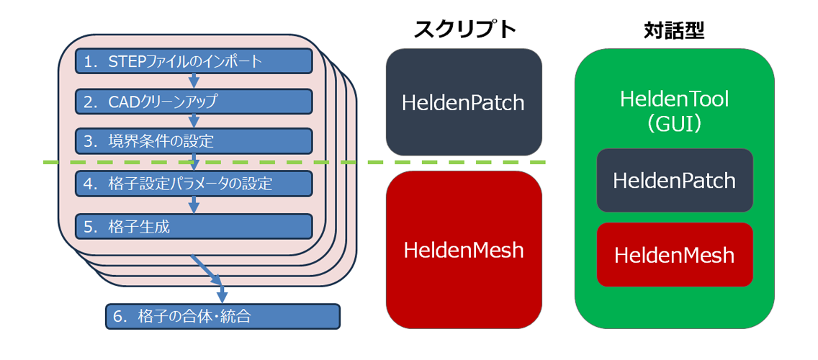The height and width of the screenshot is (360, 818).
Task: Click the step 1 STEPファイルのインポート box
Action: [x=194, y=61]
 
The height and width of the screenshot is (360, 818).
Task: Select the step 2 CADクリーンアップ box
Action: [x=194, y=102]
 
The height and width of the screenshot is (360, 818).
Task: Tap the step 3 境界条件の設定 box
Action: [x=194, y=141]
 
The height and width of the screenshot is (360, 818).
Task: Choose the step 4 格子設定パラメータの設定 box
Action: [x=194, y=184]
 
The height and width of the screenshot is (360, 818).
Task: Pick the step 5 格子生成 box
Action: [x=194, y=227]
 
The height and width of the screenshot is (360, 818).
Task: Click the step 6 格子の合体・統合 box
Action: [x=223, y=316]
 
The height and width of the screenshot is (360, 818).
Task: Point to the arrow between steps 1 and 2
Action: [x=194, y=81]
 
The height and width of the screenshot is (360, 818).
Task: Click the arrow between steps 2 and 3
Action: [x=194, y=121]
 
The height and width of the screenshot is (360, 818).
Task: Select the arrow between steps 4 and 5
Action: [x=194, y=205]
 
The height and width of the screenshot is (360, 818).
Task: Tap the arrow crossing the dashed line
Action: [x=194, y=162]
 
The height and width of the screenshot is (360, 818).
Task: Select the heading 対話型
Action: [x=674, y=30]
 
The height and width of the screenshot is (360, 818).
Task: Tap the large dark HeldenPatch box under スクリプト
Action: [x=464, y=102]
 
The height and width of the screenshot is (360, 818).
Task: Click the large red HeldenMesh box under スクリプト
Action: [x=464, y=250]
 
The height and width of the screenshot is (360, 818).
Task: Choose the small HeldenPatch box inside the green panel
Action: [x=675, y=180]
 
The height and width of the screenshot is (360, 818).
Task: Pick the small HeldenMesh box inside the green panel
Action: [x=675, y=255]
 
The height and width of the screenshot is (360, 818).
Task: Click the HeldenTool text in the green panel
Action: [x=675, y=99]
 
